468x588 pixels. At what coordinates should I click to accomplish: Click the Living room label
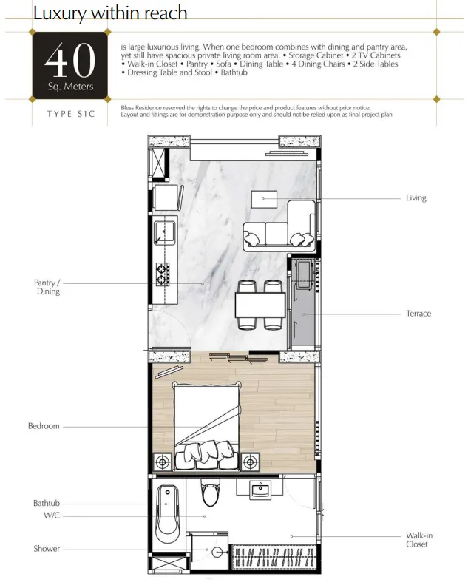tap(416, 198)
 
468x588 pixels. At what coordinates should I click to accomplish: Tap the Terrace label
tap(418, 314)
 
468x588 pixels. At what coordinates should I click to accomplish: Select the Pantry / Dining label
tap(47, 287)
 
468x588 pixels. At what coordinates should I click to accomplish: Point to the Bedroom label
tap(44, 426)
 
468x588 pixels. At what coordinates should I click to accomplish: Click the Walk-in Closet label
tap(419, 540)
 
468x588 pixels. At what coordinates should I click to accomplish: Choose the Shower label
tap(47, 549)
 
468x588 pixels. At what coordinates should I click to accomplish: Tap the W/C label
tap(52, 516)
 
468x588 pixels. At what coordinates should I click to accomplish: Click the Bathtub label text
tap(47, 503)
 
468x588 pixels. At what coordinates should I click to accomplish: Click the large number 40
tap(70, 60)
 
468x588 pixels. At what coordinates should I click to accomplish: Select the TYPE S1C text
tap(71, 114)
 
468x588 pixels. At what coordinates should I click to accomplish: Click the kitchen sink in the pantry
tap(164, 233)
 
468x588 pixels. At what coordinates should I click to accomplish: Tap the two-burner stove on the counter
tap(163, 274)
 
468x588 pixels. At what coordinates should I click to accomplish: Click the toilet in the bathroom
tap(209, 493)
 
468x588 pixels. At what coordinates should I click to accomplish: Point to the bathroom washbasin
tap(260, 490)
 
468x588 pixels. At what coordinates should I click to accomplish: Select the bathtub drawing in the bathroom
tap(167, 515)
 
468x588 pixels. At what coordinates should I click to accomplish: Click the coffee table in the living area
tap(264, 199)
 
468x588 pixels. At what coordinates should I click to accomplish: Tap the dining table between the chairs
tap(260, 305)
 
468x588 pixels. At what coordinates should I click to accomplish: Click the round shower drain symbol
tap(217, 552)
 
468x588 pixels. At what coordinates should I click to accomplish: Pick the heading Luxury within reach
tap(110, 13)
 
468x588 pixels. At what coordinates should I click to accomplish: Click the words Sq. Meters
tap(70, 87)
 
